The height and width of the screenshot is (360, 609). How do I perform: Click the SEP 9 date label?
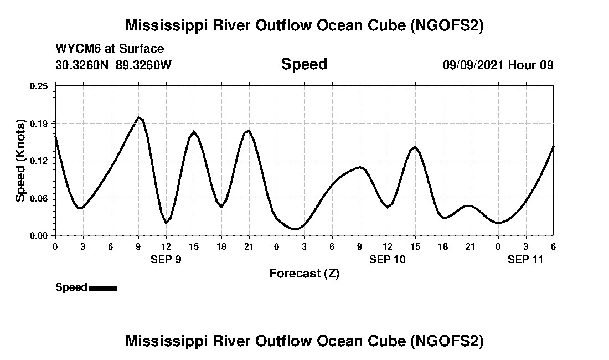tap(166, 259)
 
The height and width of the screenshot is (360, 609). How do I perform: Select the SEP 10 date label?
tap(388, 259)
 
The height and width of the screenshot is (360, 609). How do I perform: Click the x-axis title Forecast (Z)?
tap(304, 274)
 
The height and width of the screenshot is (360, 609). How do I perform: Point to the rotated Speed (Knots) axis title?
tap(20, 161)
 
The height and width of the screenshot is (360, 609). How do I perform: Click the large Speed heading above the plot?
tap(304, 64)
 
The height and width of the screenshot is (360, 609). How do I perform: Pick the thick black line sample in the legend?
tap(103, 288)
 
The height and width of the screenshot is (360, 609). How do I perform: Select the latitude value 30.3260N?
tap(83, 65)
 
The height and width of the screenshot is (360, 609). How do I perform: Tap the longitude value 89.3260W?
tap(144, 65)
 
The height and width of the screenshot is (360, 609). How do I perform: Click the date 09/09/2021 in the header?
tap(473, 65)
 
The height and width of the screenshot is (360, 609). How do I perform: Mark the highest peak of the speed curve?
tap(139, 117)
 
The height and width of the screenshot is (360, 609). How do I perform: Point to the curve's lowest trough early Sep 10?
tap(296, 229)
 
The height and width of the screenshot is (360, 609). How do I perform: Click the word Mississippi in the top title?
tap(166, 25)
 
